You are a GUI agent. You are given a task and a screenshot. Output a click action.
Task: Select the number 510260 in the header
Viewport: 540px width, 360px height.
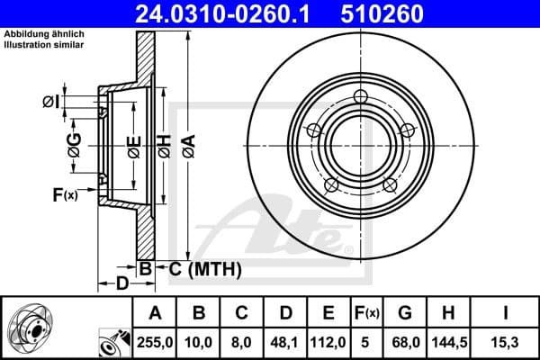pos(365,13)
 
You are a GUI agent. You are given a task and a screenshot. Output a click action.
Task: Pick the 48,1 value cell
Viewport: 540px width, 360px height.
pos(285,341)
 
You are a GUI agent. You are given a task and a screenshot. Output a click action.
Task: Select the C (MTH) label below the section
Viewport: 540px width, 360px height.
pos(198,267)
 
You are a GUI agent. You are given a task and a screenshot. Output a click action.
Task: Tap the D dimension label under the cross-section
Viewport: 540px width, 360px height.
pos(120,285)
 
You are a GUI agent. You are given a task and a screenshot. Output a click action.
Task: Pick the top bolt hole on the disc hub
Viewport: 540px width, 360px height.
pos(361,97)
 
